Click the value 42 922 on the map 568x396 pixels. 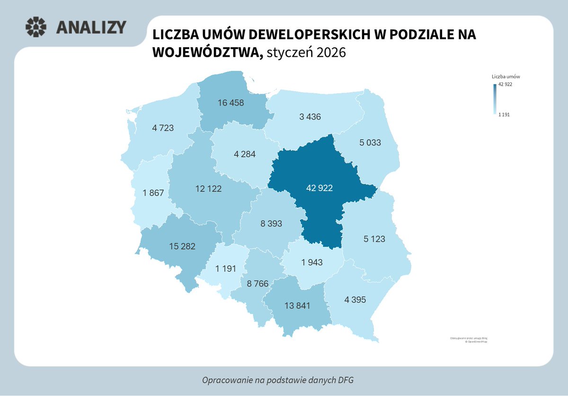tap(319, 188)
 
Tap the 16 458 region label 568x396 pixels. tap(231, 103)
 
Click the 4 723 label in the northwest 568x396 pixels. tap(163, 127)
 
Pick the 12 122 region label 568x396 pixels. tap(208, 188)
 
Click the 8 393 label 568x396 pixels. tap(271, 224)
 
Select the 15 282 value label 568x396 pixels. tap(182, 246)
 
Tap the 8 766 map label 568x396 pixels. tap(257, 284)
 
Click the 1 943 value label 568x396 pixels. tap(311, 262)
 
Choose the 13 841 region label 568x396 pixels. tap(297, 306)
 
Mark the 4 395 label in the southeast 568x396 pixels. tap(355, 299)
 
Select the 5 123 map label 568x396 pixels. tap(374, 239)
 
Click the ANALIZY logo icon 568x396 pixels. tap(36, 27)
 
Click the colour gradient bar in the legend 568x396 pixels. tap(495, 99)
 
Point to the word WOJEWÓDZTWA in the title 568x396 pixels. tap(208, 53)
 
